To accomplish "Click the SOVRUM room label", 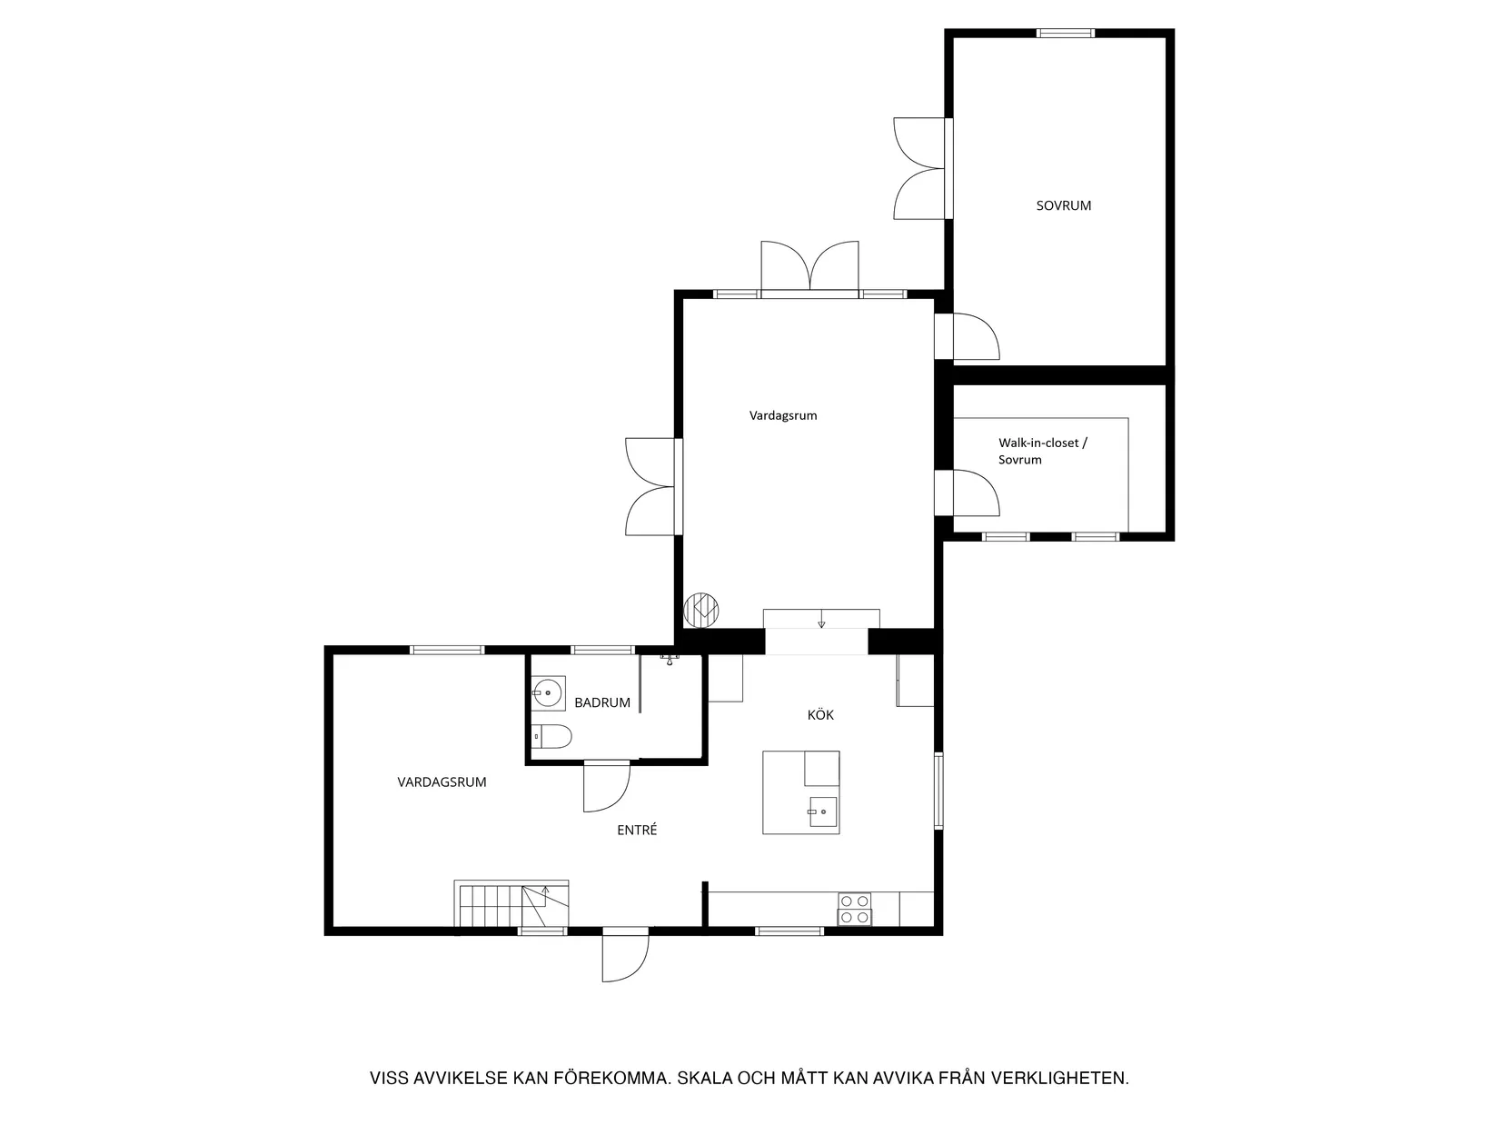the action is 1063,205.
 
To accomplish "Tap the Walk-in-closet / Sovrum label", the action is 1043,451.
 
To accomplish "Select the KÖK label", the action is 820,714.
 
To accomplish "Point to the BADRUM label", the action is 601,702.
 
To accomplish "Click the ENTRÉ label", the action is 637,830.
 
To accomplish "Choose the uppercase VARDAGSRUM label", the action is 442,782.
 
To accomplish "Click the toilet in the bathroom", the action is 551,736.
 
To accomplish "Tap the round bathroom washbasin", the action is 548,692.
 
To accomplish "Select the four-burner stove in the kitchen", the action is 854,909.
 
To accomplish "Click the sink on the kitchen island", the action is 822,811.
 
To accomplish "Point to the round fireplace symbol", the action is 701,609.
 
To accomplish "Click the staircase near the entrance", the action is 511,903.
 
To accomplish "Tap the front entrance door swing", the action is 625,955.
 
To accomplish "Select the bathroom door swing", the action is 607,786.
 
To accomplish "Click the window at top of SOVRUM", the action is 1066,33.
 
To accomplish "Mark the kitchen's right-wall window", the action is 938,791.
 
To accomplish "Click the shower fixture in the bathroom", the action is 670,659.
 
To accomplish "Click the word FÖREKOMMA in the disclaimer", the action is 610,1078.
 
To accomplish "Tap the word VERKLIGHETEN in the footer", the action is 1060,1078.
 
